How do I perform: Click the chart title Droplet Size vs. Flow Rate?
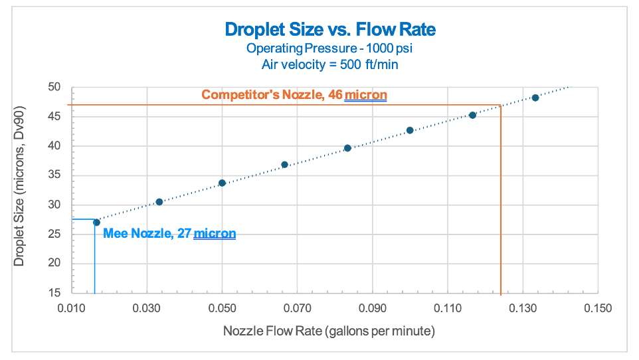[330, 30]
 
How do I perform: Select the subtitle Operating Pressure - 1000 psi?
[330, 48]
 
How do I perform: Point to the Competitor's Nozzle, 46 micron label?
[294, 95]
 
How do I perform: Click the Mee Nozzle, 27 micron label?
[169, 234]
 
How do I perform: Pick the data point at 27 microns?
[96, 223]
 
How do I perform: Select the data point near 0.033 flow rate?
[159, 202]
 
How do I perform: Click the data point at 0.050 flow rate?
[222, 183]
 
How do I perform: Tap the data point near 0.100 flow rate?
[410, 130]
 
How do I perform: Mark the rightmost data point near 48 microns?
[535, 98]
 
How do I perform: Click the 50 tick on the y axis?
[54, 87]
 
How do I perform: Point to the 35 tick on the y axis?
[54, 175]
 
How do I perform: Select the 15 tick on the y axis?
[54, 293]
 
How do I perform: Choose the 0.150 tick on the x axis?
[597, 308]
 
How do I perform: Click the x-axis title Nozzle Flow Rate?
[329, 331]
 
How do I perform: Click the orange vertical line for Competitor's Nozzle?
[500, 199]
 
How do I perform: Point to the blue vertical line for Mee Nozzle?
[94, 259]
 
